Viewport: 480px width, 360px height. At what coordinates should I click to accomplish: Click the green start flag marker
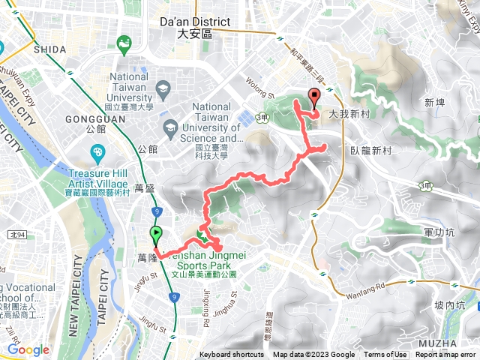[156, 235]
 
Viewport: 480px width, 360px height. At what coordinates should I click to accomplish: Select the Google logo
[28, 349]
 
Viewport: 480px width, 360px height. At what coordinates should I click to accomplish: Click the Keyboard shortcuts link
[232, 355]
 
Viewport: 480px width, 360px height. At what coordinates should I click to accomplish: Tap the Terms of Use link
[385, 355]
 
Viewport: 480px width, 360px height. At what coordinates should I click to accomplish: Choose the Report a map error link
[447, 355]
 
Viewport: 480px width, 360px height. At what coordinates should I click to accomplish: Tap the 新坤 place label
[434, 102]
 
